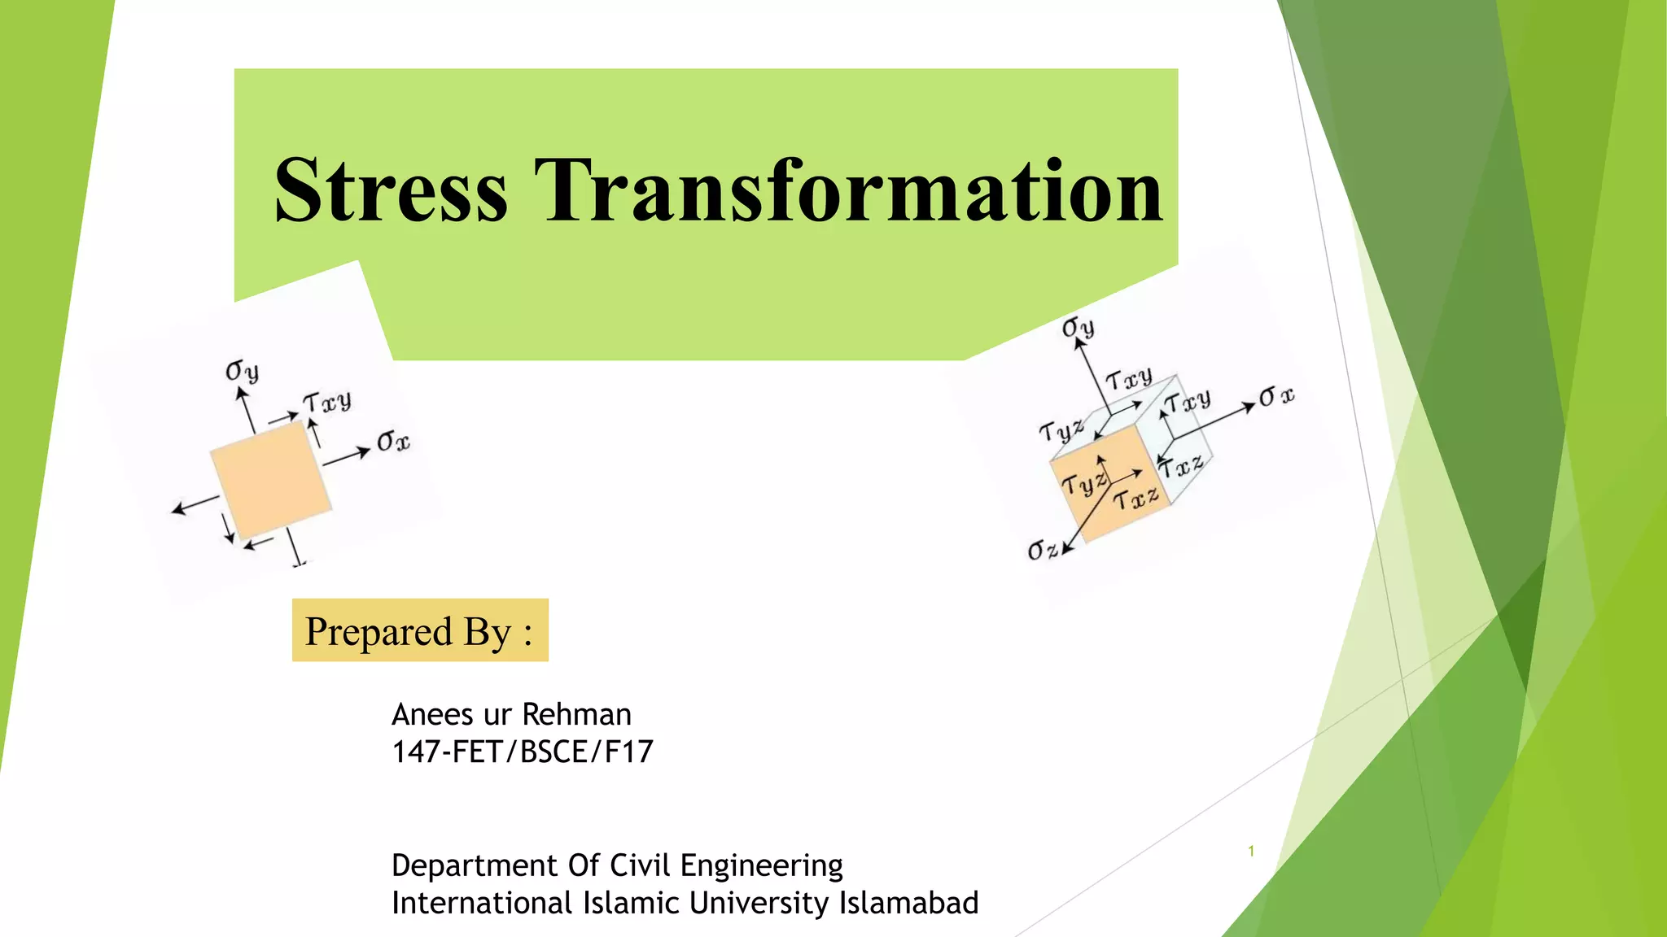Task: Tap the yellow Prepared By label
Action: [x=420, y=630]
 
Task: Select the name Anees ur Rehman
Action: [x=511, y=714]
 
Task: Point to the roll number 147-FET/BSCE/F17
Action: [x=522, y=752]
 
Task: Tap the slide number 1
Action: [x=1251, y=852]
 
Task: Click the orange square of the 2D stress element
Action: [x=270, y=480]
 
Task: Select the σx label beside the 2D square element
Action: [x=393, y=442]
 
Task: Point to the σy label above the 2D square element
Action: [x=242, y=372]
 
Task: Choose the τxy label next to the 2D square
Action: [x=327, y=402]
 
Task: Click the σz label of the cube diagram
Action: [x=1042, y=550]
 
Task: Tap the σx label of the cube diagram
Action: [x=1275, y=397]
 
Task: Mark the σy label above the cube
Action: [x=1078, y=328]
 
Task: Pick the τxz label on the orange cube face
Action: [x=1135, y=498]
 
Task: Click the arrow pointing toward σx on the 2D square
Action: [x=347, y=455]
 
